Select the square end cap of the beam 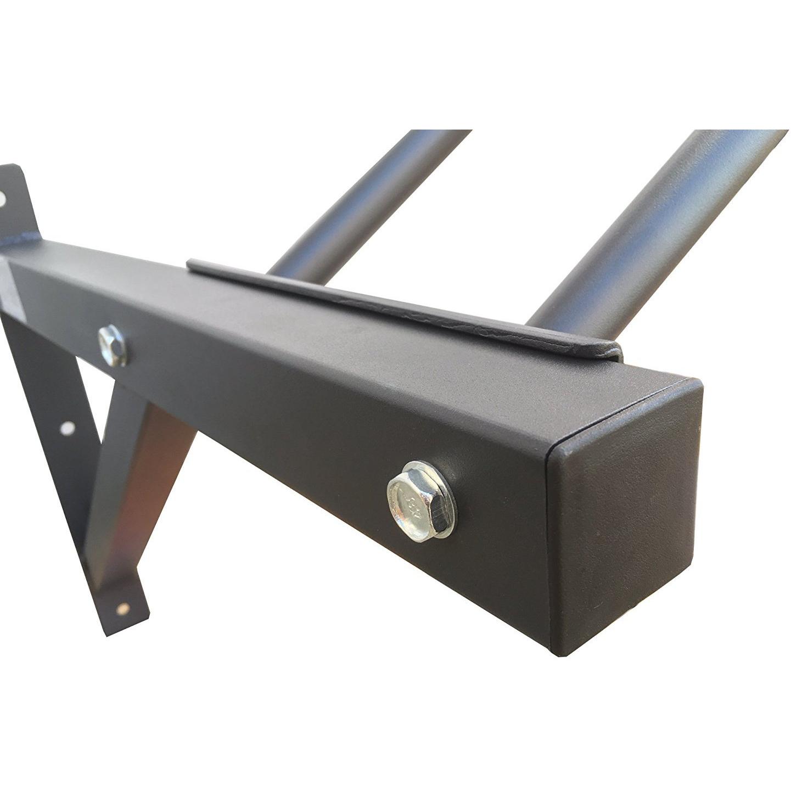pos(626,516)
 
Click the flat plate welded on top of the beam pos(406,307)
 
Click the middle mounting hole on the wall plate pos(67,428)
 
